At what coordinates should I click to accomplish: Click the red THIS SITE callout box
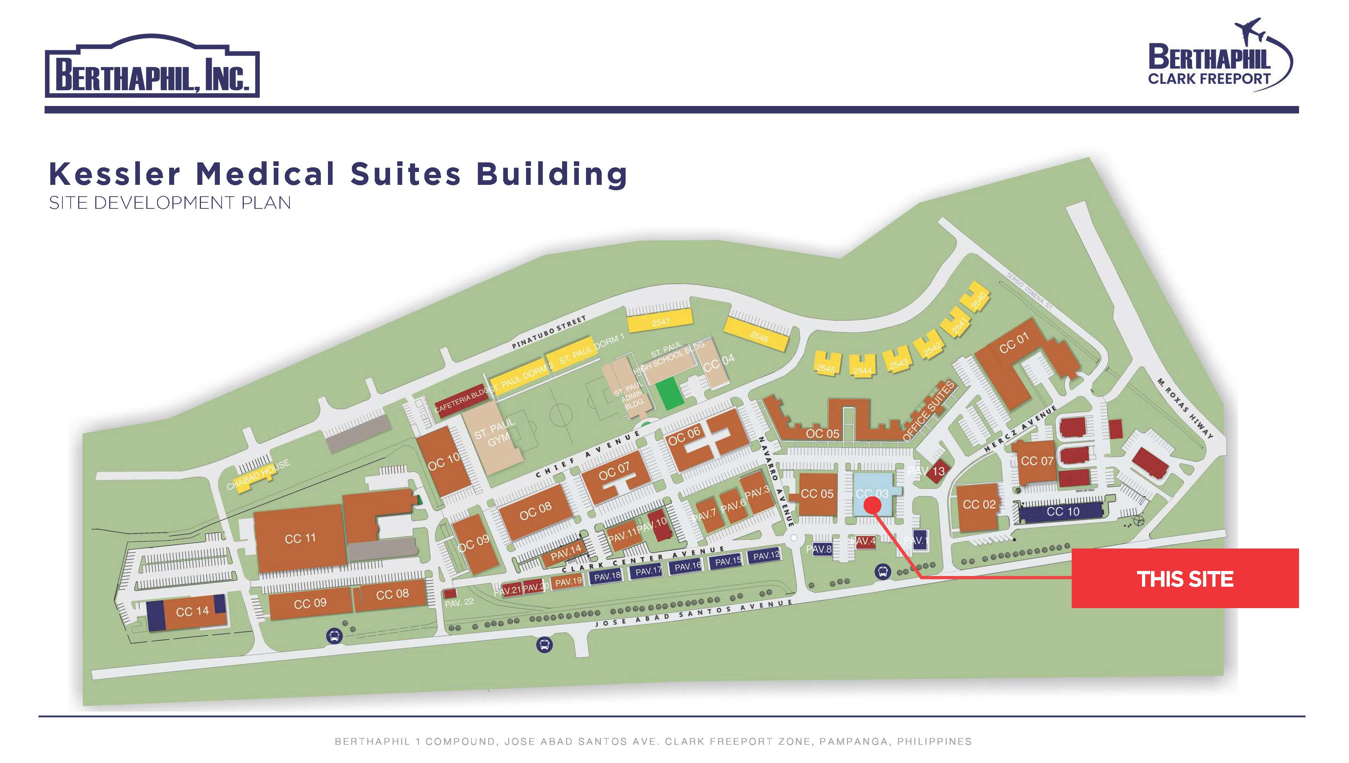(1184, 578)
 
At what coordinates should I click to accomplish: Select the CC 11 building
(300, 539)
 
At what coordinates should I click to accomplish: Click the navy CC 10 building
(1062, 511)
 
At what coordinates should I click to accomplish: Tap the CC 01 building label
(1014, 343)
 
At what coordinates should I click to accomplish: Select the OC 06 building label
(684, 435)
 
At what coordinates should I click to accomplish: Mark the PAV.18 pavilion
(607, 576)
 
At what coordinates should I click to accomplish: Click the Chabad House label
(258, 475)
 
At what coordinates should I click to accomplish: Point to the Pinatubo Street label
(549, 333)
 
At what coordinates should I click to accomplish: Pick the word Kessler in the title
(114, 174)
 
